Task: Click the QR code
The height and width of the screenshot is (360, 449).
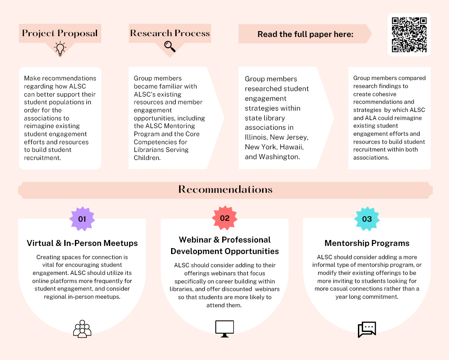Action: (x=409, y=34)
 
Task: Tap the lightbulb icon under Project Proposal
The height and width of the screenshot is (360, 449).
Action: (x=60, y=49)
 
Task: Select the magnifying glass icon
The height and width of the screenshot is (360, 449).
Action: (x=170, y=46)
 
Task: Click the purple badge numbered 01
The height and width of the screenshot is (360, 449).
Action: (x=82, y=219)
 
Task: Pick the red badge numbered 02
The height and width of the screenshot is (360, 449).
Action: (x=225, y=218)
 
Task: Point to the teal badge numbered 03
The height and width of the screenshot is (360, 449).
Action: (x=367, y=219)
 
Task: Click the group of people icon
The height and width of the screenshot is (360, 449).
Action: (x=82, y=329)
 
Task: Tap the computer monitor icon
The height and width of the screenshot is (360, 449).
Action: (x=224, y=329)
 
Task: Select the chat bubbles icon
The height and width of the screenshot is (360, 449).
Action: (x=367, y=329)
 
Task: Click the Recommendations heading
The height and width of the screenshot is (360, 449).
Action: (x=225, y=189)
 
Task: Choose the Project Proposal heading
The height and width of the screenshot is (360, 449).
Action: (x=60, y=33)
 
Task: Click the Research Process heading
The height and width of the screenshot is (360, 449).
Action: (x=170, y=33)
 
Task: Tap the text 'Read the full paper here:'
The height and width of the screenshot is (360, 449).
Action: (x=305, y=34)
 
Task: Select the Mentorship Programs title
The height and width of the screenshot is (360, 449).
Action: (x=367, y=243)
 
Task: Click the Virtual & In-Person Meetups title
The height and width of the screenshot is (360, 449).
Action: (x=82, y=243)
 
